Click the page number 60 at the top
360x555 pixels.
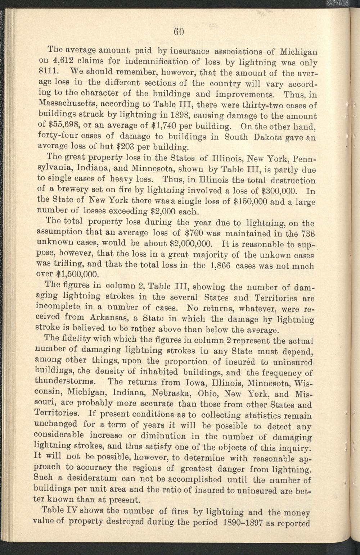tap(179, 32)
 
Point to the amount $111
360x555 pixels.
tap(46, 71)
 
